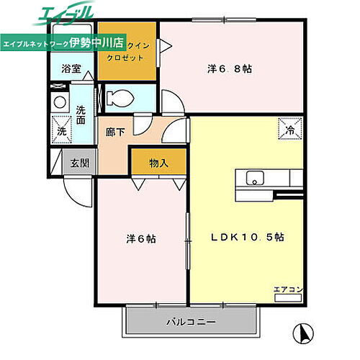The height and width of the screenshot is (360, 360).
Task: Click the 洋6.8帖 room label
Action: [x=229, y=69]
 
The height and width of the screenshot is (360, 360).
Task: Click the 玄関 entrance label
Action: [x=79, y=163]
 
